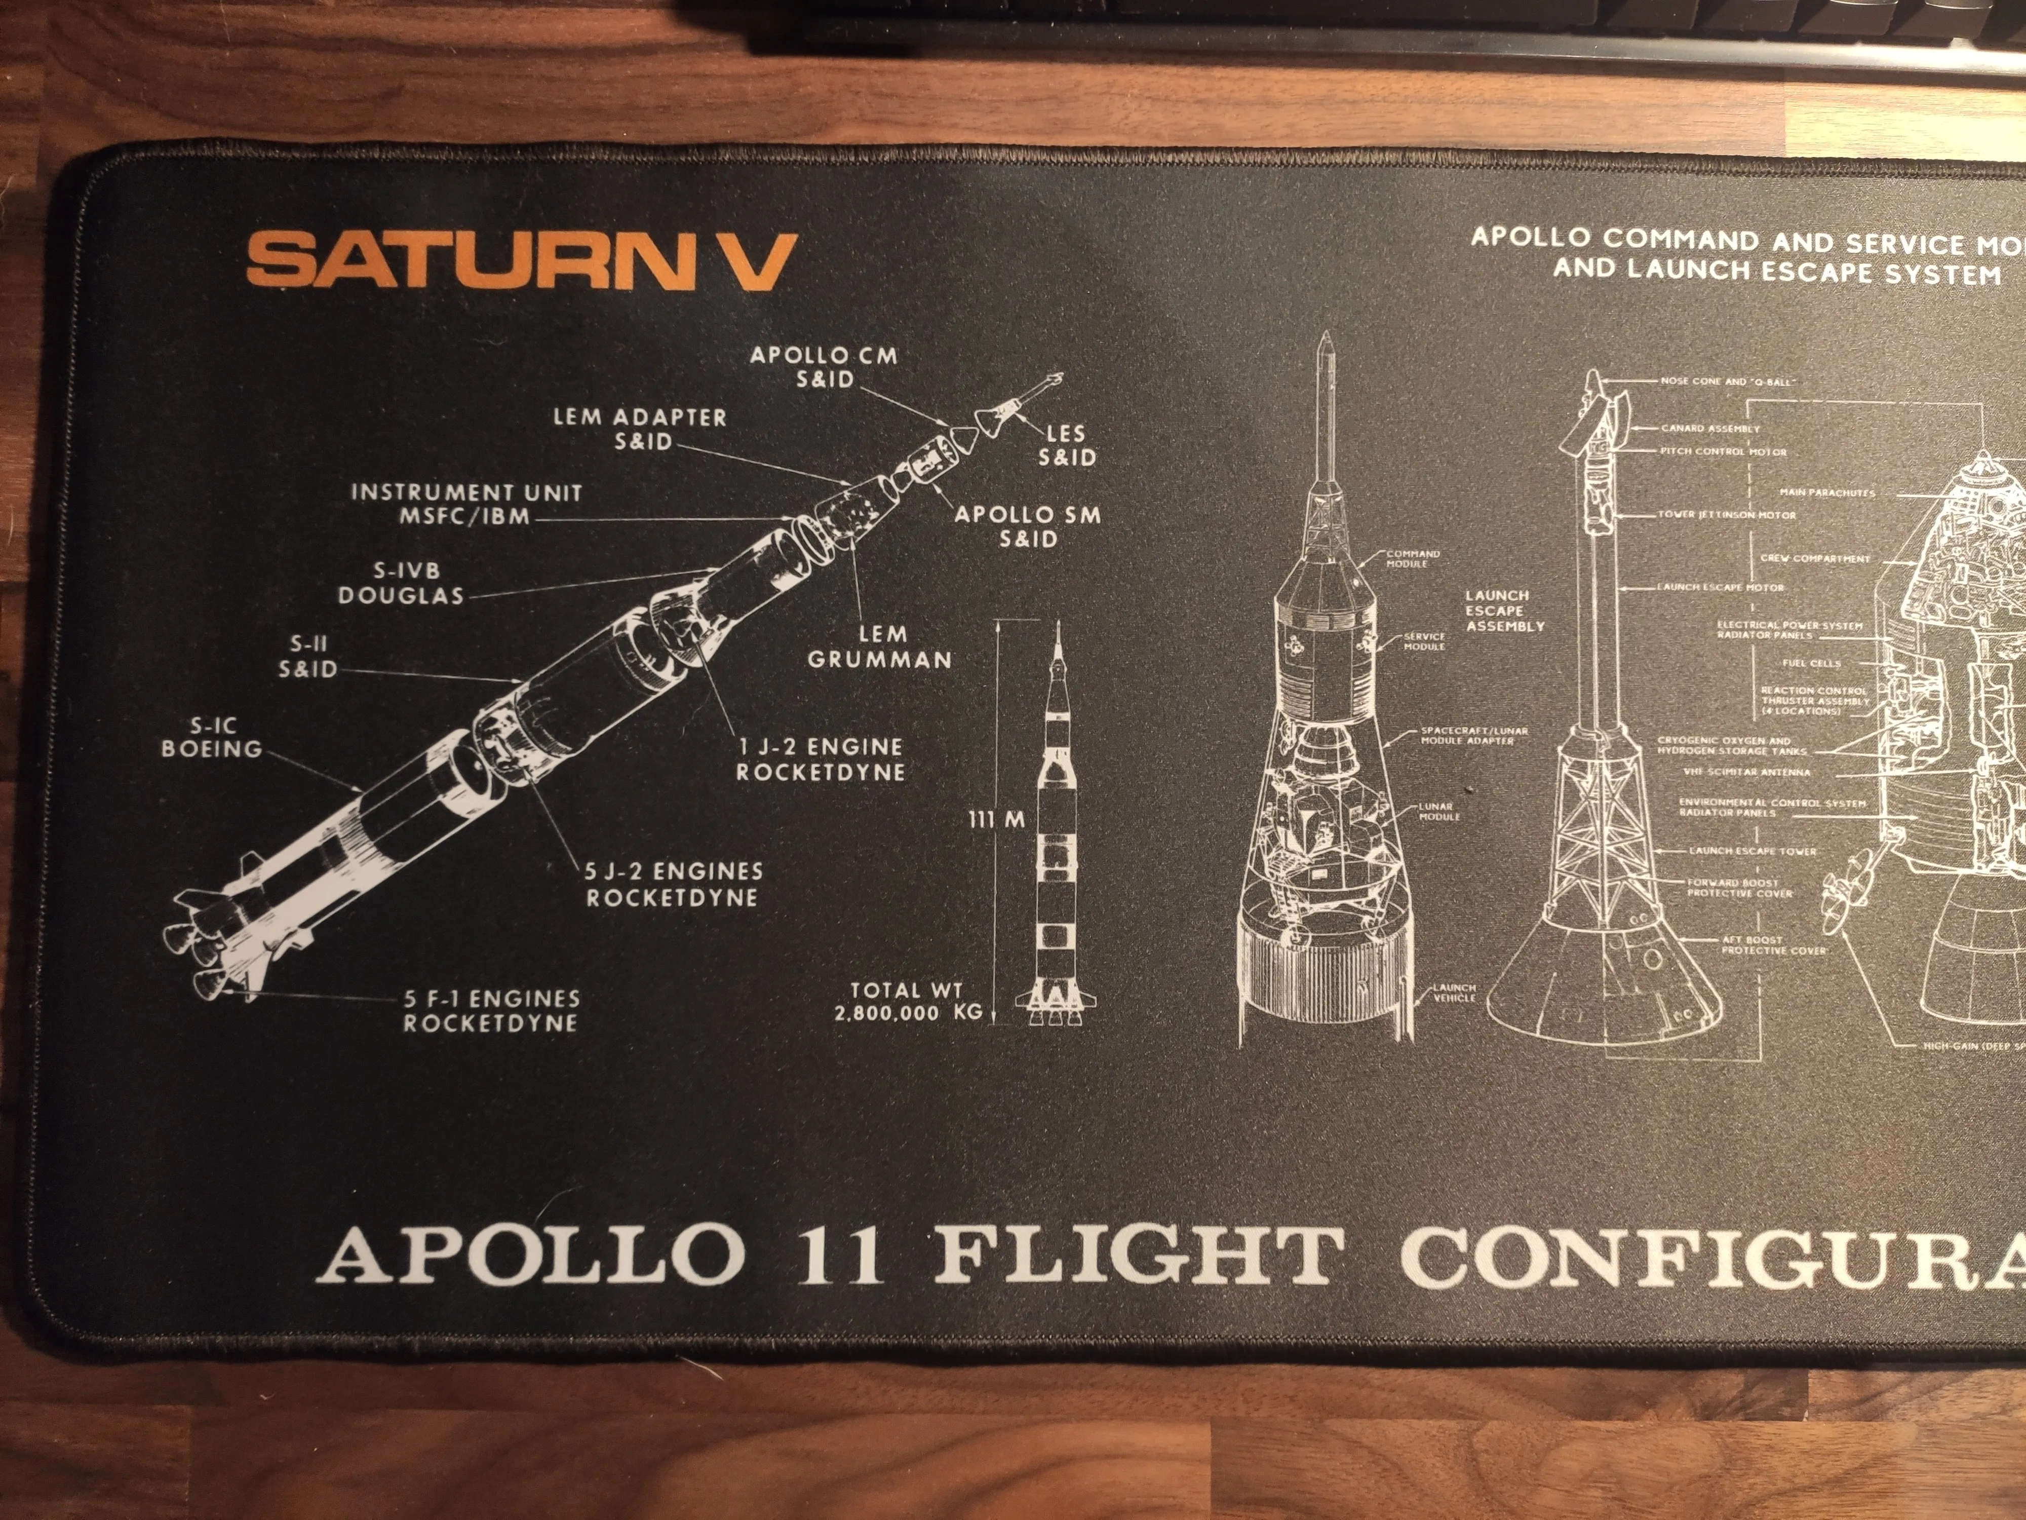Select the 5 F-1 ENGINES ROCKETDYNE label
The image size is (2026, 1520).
[492, 1011]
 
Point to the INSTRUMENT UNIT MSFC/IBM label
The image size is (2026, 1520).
[466, 504]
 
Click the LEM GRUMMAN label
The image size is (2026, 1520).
[879, 647]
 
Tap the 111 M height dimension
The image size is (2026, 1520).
[996, 820]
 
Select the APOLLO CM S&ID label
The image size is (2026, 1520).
[824, 366]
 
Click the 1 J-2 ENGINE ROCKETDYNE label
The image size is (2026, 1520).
[821, 759]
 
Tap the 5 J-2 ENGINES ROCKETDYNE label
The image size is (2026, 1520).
[673, 884]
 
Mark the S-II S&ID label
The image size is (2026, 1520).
[308, 657]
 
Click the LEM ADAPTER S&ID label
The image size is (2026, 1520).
[640, 429]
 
